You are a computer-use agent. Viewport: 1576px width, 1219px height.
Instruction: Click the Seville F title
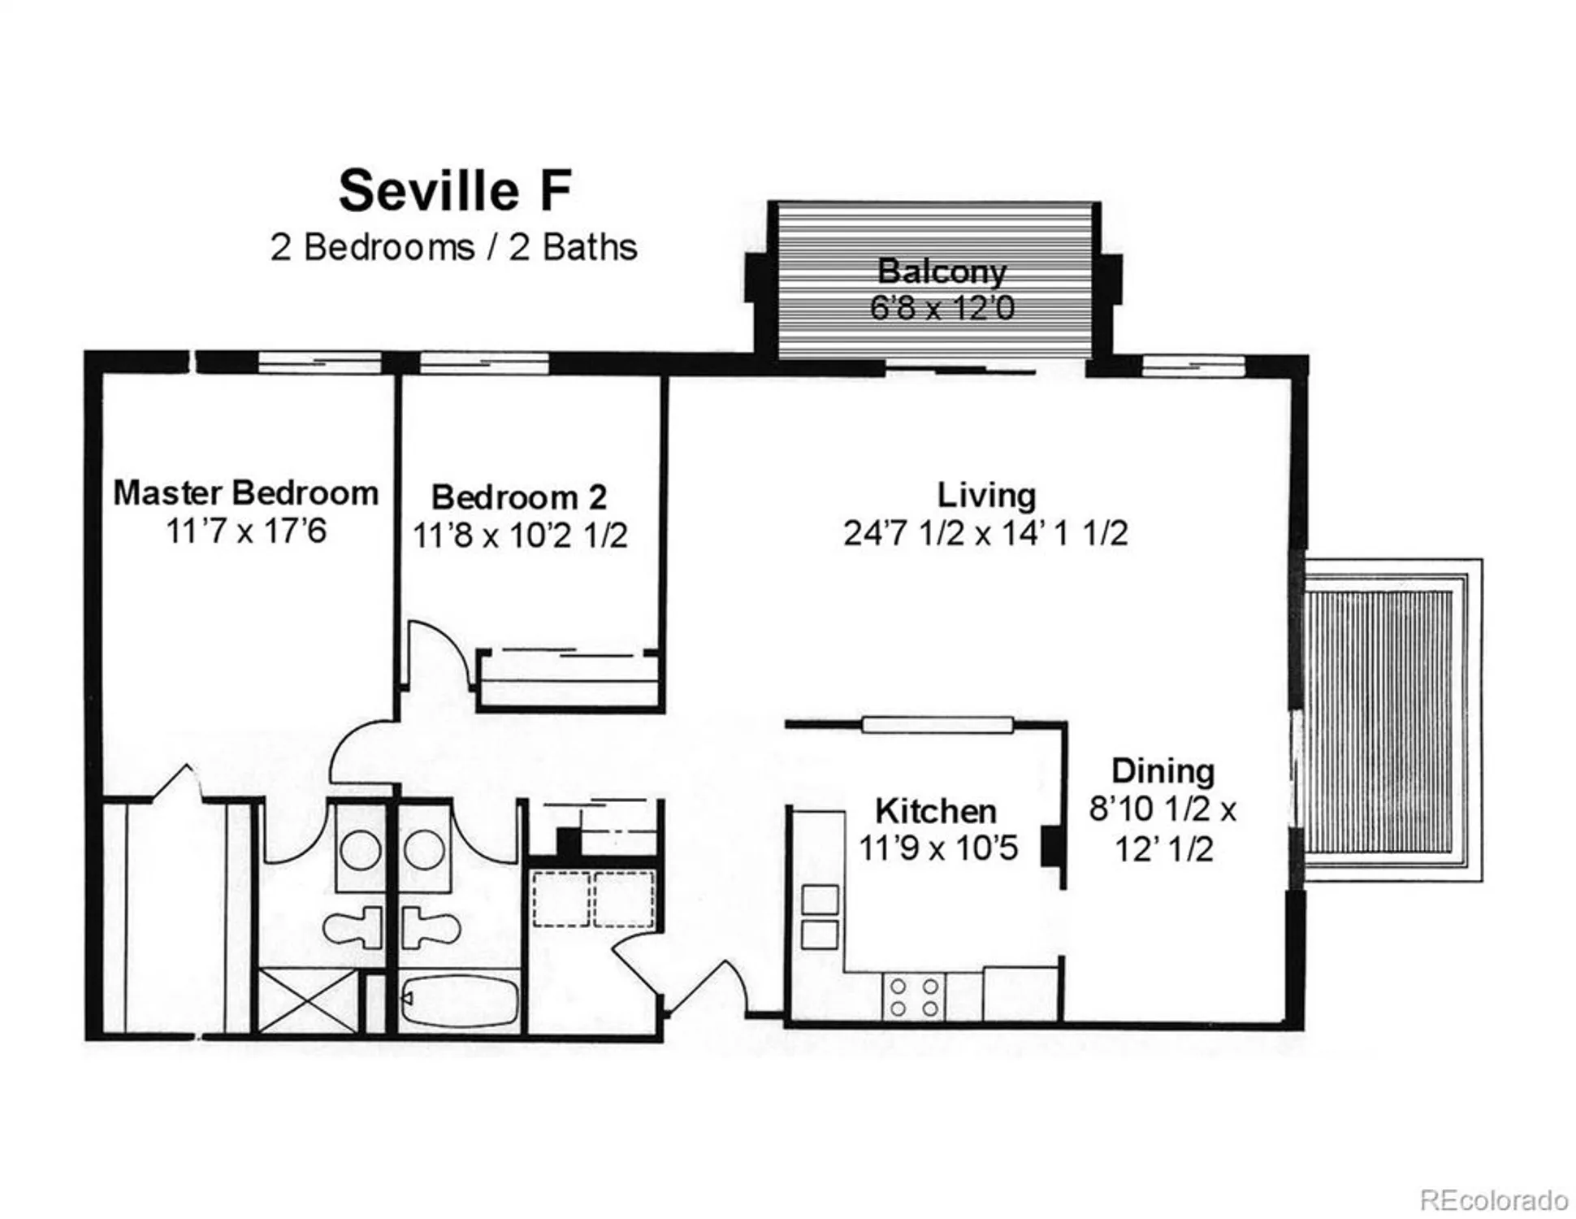[455, 191]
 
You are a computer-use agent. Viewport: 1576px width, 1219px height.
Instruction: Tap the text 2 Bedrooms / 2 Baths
[453, 247]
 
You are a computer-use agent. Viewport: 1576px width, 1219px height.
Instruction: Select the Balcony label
[941, 271]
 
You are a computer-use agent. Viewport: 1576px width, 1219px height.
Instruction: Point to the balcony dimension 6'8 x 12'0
[941, 308]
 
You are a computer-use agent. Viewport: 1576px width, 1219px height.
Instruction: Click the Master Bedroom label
[245, 492]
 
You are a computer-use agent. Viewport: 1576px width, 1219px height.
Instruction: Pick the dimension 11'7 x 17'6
[245, 531]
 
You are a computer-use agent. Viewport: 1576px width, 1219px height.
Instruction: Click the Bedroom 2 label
[518, 497]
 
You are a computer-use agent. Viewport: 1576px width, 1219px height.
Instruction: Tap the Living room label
[985, 495]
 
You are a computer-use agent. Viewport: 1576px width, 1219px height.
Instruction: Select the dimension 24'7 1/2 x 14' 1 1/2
[985, 533]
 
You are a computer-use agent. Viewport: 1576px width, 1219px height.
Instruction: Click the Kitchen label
[935, 810]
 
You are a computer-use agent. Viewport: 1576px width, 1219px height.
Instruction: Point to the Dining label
[1163, 770]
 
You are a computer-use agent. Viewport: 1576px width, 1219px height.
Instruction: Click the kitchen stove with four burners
[914, 997]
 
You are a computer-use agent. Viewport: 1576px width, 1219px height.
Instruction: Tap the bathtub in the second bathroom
[460, 1002]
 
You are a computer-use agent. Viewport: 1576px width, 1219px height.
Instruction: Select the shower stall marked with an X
[307, 1000]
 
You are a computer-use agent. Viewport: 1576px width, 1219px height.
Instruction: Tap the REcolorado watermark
[1493, 1199]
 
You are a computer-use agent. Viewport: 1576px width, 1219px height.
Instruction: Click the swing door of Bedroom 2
[439, 654]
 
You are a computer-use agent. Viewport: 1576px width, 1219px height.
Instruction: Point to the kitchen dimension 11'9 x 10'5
[937, 848]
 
